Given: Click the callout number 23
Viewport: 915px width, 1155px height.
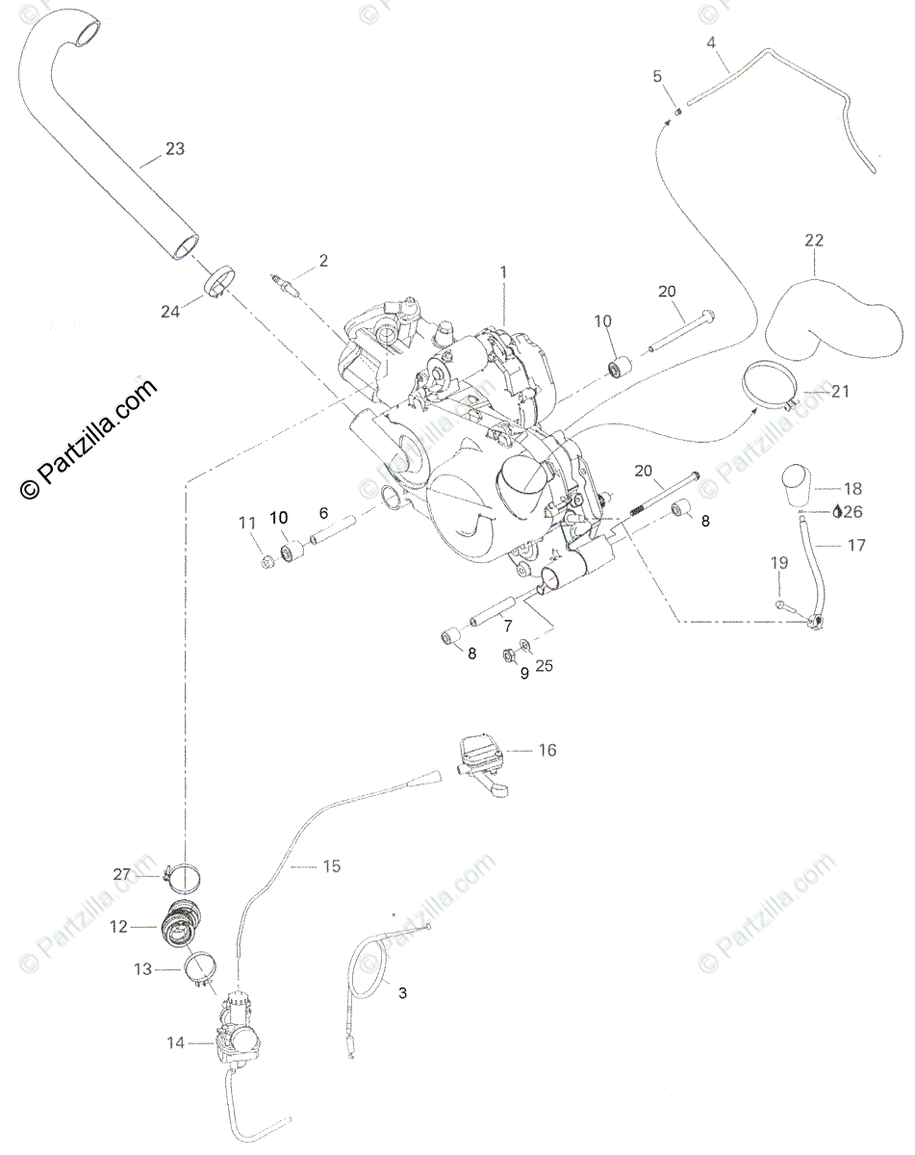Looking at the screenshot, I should (174, 149).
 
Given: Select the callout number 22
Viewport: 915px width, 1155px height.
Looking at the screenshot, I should (814, 240).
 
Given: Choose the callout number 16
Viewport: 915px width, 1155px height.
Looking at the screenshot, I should (546, 750).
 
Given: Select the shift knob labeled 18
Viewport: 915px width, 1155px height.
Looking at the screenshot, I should (794, 486).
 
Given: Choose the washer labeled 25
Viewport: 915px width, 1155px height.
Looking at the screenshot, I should (524, 645).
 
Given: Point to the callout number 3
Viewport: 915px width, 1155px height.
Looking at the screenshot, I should (402, 991).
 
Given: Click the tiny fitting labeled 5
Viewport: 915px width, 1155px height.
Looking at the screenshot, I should (676, 110).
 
